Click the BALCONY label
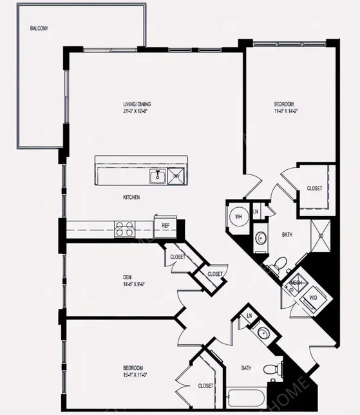tap(39, 29)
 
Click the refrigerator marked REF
tap(166, 226)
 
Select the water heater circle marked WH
tap(237, 217)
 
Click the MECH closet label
tap(296, 282)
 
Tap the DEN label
tap(128, 278)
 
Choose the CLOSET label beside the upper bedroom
tap(314, 189)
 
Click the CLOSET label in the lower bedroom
tap(205, 385)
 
